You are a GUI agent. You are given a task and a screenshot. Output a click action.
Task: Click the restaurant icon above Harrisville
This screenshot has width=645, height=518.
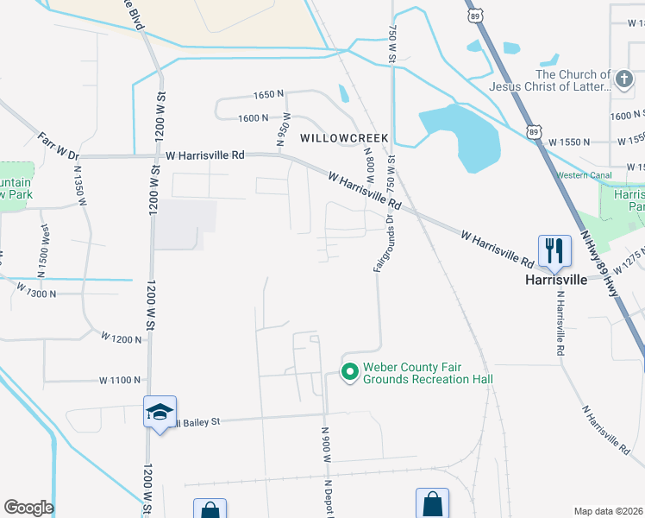pos(553,251)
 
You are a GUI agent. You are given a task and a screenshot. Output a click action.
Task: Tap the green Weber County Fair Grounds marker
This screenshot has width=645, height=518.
pos(350,372)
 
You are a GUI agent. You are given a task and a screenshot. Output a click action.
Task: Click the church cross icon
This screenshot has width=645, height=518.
pos(625,80)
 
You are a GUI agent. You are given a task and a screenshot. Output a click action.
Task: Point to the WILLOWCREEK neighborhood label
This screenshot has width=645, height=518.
pos(344,138)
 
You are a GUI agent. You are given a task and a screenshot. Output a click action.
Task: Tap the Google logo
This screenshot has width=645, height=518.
pos(28,508)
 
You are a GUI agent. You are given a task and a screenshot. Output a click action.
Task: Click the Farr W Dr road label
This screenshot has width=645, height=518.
pos(58,146)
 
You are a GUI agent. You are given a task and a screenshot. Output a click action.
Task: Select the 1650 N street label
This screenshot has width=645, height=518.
pos(269,95)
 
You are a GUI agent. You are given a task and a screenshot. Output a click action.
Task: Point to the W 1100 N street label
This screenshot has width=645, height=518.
pos(120,380)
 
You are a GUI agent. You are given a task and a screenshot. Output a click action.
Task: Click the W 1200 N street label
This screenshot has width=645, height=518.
pos(121,338)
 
